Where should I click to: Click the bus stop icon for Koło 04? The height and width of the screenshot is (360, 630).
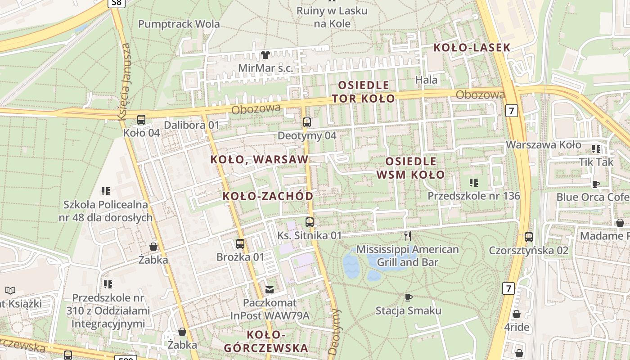pos(141,120)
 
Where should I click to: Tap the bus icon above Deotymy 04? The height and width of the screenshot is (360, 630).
pos(307,122)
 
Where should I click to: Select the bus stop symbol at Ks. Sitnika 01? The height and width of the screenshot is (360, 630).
pos(310,222)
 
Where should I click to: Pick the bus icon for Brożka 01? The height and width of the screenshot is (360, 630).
pos(240,244)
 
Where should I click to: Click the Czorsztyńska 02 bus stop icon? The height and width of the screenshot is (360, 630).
pos(529,237)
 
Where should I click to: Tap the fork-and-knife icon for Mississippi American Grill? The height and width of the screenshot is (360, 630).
pos(408,236)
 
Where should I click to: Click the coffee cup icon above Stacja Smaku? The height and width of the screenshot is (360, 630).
pos(408,297)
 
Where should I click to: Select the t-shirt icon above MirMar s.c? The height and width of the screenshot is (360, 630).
pos(265,55)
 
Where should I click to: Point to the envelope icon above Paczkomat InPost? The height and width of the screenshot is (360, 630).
pos(270,290)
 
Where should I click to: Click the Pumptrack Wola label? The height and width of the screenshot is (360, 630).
pos(179,24)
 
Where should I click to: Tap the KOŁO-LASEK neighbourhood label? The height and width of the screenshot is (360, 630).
pos(472,47)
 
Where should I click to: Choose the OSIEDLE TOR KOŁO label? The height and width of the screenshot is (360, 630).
pos(363,91)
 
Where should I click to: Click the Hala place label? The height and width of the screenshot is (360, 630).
pos(427,80)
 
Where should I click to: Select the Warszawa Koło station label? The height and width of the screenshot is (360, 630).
pos(544,145)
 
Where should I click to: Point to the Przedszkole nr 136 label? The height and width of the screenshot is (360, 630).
pos(473,196)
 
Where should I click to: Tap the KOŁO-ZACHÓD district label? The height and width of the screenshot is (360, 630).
pos(268,196)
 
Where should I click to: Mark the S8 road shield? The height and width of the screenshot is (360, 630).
pos(116,3)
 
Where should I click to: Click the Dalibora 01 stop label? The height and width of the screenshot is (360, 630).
pos(191,125)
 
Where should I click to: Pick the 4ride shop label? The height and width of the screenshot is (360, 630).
pos(517,327)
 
